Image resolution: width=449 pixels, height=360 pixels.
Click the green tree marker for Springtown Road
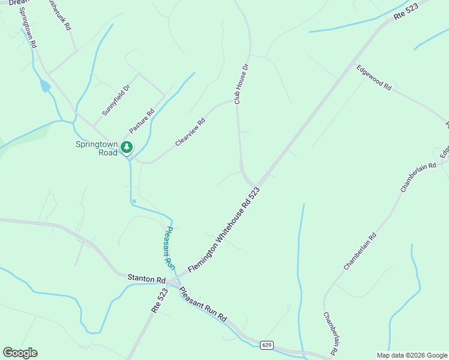click(x=126, y=146)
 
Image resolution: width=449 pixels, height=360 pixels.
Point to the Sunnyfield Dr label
click(x=116, y=100)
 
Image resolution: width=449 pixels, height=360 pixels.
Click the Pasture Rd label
click(x=142, y=121)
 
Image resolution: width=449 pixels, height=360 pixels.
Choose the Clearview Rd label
click(x=190, y=132)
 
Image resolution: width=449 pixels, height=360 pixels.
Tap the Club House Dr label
click(x=241, y=83)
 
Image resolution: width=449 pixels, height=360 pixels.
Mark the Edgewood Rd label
click(x=374, y=78)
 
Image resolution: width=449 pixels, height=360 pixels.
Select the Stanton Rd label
click(x=146, y=279)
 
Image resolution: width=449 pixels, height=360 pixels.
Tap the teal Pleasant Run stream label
click(x=169, y=247)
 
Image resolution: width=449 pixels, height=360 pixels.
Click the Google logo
click(x=20, y=353)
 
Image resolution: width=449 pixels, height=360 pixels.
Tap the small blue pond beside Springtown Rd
click(x=45, y=86)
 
